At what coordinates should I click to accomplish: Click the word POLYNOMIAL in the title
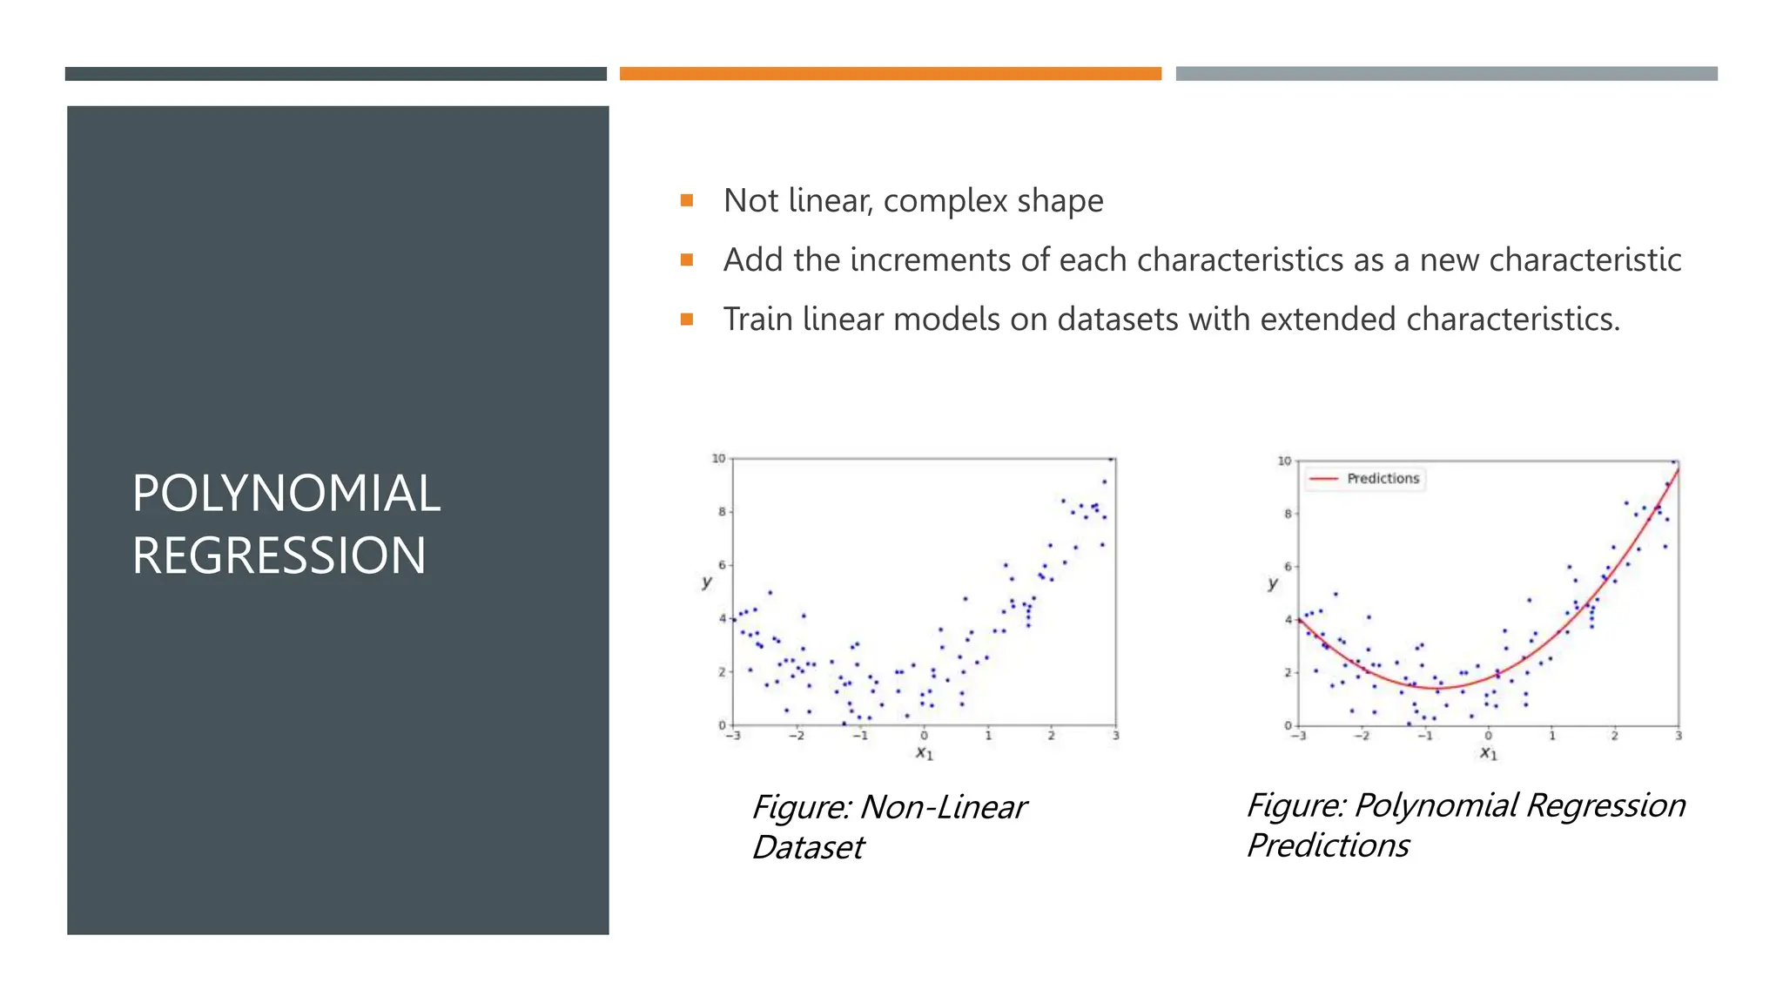[x=286, y=494]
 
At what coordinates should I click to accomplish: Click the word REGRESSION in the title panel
[x=279, y=556]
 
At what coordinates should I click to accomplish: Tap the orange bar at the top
[x=890, y=74]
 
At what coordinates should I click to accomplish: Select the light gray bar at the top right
[x=1446, y=74]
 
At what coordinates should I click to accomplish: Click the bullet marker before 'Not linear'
[x=687, y=201]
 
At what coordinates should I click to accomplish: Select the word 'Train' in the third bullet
[x=757, y=320]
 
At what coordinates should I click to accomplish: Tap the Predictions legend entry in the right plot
[x=1382, y=479]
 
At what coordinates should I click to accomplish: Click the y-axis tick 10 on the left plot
[x=718, y=459]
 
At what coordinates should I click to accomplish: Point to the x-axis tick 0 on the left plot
[x=924, y=737]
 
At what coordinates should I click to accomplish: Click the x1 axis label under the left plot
[x=924, y=753]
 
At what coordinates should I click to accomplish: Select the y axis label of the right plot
[x=1273, y=583]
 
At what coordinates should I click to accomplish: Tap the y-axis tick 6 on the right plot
[x=1288, y=567]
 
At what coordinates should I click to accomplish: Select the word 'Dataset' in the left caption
[x=808, y=848]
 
